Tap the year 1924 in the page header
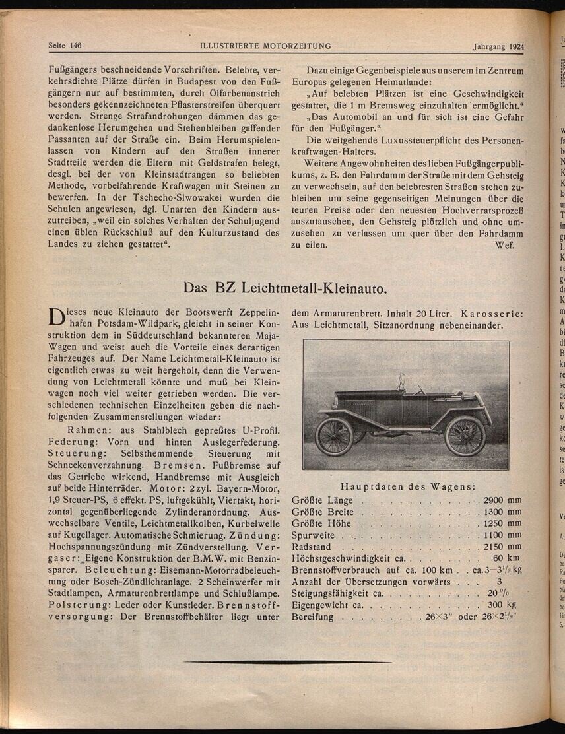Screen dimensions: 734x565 [513, 47]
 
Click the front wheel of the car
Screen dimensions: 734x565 [466, 436]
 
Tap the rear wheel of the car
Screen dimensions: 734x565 [334, 436]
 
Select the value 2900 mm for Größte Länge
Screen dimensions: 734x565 [502, 500]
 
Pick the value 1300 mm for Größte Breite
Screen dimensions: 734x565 [502, 512]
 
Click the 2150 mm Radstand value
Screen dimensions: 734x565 [502, 547]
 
